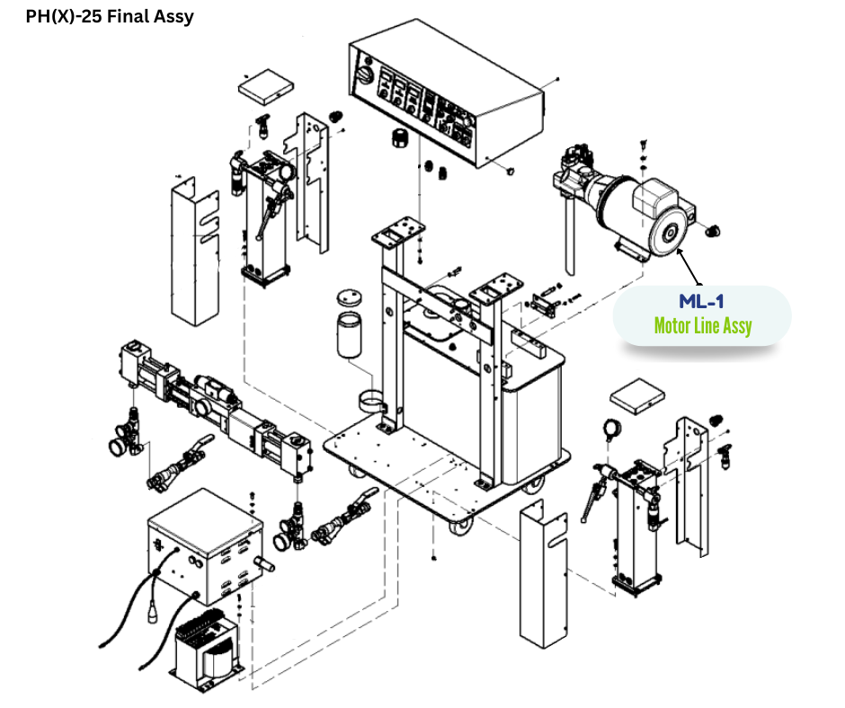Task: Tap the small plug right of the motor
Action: (x=715, y=233)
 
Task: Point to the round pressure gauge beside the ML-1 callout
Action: (x=613, y=429)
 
